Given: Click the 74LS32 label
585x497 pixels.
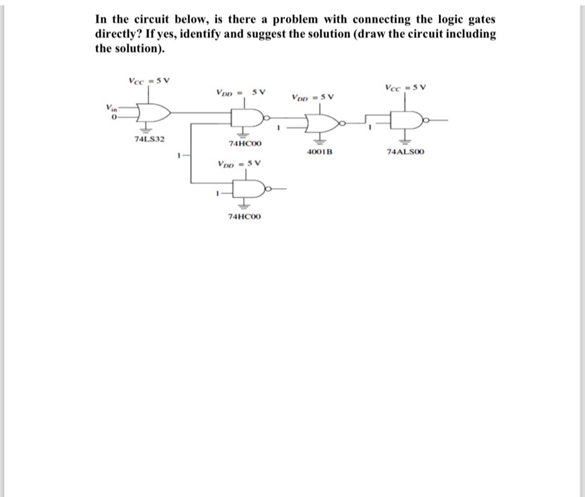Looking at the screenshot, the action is [x=149, y=139].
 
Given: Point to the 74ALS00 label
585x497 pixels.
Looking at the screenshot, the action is [x=405, y=151].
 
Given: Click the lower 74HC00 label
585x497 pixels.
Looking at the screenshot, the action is [x=245, y=216].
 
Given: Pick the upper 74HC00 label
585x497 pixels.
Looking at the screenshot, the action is [x=245, y=144].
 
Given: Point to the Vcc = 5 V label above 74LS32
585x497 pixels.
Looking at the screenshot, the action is [x=149, y=81].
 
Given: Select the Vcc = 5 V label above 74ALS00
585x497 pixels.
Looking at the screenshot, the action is [x=405, y=87].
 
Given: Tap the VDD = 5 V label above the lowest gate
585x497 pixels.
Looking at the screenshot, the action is [x=239, y=163].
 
